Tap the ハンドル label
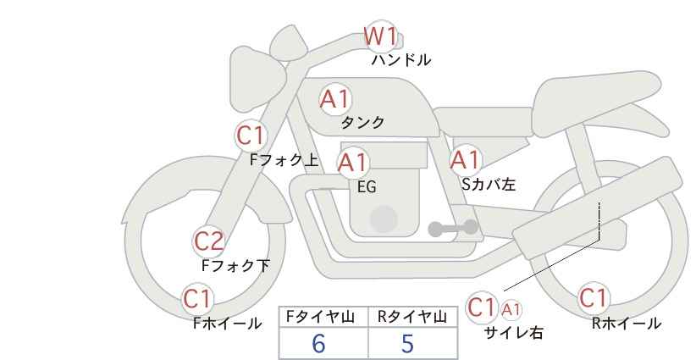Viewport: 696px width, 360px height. coord(401,60)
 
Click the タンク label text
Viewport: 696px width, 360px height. coord(362,123)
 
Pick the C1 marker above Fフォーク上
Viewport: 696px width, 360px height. coord(251,136)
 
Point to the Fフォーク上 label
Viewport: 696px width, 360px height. coord(284,158)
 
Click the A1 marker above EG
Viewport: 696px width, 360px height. coord(352,163)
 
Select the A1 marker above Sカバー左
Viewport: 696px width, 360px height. coord(465,159)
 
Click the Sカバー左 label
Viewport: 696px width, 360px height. coord(489,182)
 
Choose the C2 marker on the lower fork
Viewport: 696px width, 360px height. coord(209,242)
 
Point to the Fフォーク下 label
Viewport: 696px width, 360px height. coord(235,266)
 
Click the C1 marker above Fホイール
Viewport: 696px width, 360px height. coord(198,299)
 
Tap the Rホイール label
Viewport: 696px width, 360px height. coord(627,323)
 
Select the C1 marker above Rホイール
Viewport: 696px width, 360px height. coord(593,299)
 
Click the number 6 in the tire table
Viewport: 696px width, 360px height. coord(318,344)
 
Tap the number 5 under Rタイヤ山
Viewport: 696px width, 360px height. coord(407,344)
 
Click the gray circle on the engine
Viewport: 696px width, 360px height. coord(384,219)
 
